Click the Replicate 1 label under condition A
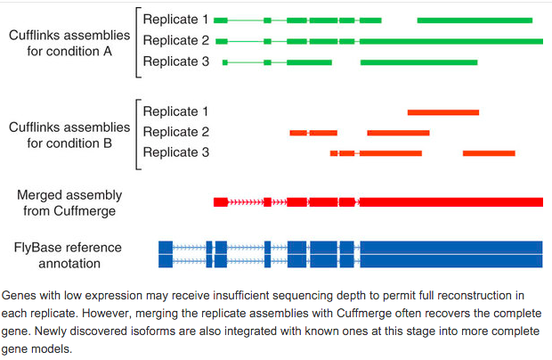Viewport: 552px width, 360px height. tap(175, 19)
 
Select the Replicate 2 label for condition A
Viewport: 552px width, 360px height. tap(175, 40)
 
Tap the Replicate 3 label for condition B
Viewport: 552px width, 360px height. tap(175, 152)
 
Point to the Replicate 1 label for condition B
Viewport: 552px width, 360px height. tap(175, 111)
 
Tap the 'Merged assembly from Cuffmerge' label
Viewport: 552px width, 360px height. tap(69, 202)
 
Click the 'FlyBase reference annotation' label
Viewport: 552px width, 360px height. tap(68, 255)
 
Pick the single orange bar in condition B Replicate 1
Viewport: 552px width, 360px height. tap(442, 112)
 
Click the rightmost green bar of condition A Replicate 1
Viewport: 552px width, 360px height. tap(475, 20)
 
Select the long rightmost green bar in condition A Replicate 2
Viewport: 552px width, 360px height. tap(451, 41)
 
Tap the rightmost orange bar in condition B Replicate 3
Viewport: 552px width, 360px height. tap(489, 153)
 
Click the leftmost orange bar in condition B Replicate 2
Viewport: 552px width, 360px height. tap(298, 133)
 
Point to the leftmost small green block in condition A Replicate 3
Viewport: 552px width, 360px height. tap(225, 62)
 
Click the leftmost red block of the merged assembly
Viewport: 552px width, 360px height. tap(221, 202)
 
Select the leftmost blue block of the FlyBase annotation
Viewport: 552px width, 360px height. tap(165, 254)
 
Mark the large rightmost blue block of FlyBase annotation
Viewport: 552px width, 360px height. tap(451, 254)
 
